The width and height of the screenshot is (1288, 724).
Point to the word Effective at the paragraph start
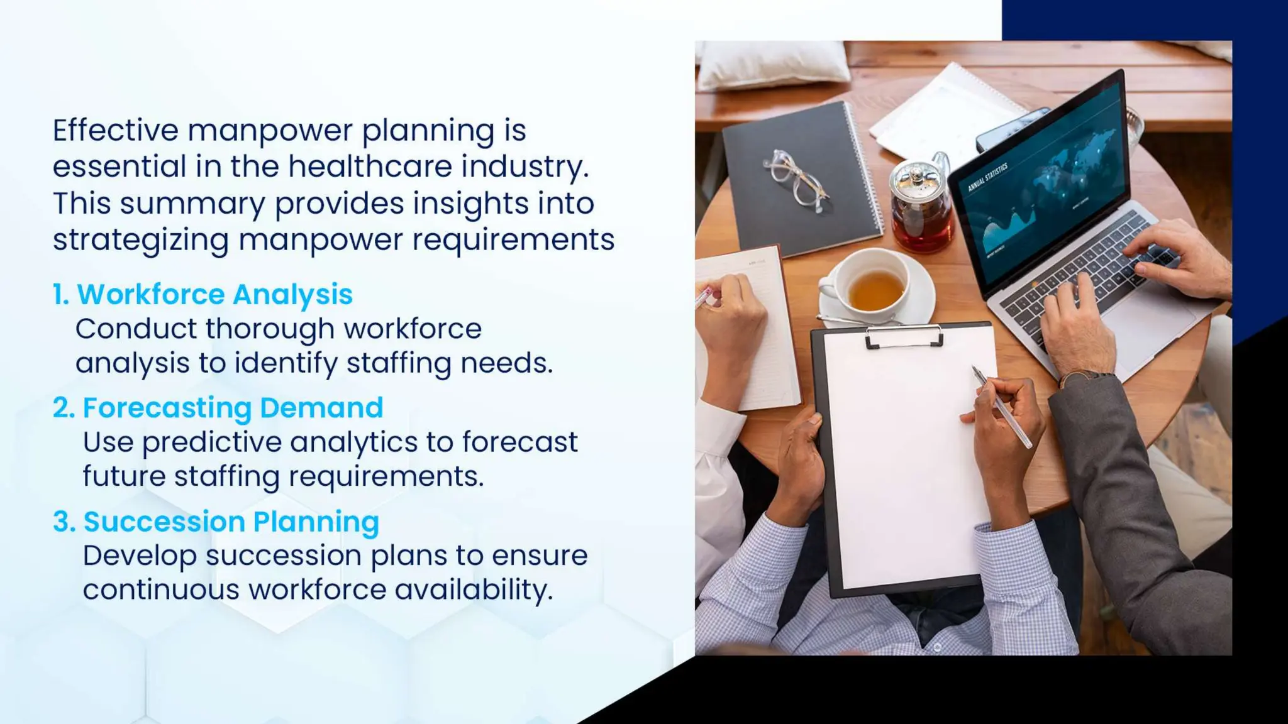pos(116,131)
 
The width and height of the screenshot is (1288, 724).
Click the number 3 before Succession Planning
pos(61,522)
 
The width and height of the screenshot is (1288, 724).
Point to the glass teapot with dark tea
pos(921,207)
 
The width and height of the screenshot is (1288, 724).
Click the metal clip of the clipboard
pos(904,337)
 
